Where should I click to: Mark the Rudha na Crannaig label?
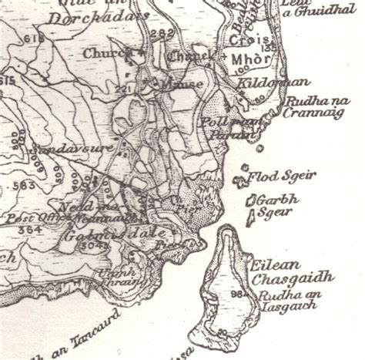pos(311,106)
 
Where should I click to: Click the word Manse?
pos(186,83)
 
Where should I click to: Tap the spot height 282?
pos(163,33)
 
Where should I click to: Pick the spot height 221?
pos(120,89)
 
